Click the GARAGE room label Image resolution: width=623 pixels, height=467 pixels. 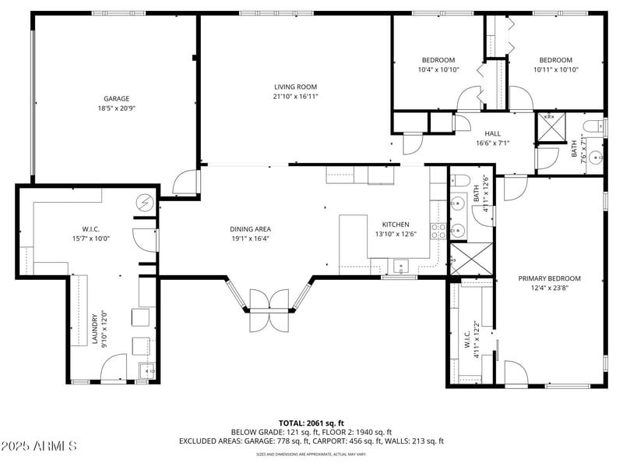point(116,99)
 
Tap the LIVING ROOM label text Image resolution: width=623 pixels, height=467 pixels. point(295,87)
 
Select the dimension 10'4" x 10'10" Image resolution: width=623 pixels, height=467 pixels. point(438,69)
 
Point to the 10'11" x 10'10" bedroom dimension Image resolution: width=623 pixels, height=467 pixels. point(556,69)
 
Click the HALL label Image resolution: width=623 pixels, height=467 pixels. point(492,133)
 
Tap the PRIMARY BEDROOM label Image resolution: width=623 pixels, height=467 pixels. point(550,278)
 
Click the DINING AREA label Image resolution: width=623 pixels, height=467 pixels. point(249,229)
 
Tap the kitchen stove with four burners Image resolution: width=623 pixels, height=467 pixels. point(438,230)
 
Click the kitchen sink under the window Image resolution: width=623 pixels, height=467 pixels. point(401,267)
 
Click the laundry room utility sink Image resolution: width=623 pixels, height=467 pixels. point(146,370)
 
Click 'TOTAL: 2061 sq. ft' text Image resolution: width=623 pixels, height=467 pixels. point(311,423)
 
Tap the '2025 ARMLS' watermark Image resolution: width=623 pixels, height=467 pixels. point(39,447)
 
